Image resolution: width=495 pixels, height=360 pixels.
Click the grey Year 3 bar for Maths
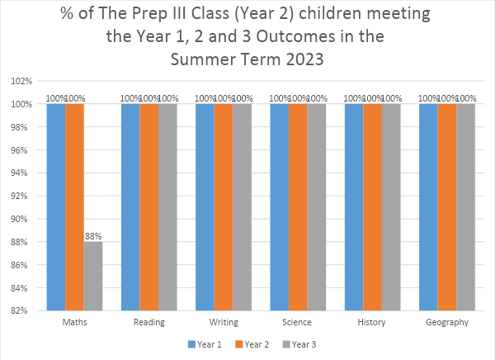pyautogui.click(x=93, y=276)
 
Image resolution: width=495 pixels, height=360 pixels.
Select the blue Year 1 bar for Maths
pyautogui.click(x=56, y=206)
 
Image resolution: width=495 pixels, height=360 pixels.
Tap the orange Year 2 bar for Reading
pyautogui.click(x=149, y=206)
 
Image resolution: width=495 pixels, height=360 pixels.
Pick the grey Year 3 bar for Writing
pyautogui.click(x=243, y=206)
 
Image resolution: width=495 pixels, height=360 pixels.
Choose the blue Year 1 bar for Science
pyautogui.click(x=280, y=206)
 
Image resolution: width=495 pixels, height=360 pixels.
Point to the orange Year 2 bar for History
pyautogui.click(x=373, y=206)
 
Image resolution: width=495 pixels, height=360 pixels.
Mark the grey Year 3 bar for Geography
pyautogui.click(x=466, y=206)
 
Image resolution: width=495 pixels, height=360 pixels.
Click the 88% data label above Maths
pyautogui.click(x=93, y=236)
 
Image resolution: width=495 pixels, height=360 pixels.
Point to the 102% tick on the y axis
pyautogui.click(x=21, y=82)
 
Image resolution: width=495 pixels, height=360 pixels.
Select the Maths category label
pyautogui.click(x=74, y=323)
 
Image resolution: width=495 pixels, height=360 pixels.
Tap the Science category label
pyautogui.click(x=298, y=323)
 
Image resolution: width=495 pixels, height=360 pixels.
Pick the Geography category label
pyautogui.click(x=447, y=323)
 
